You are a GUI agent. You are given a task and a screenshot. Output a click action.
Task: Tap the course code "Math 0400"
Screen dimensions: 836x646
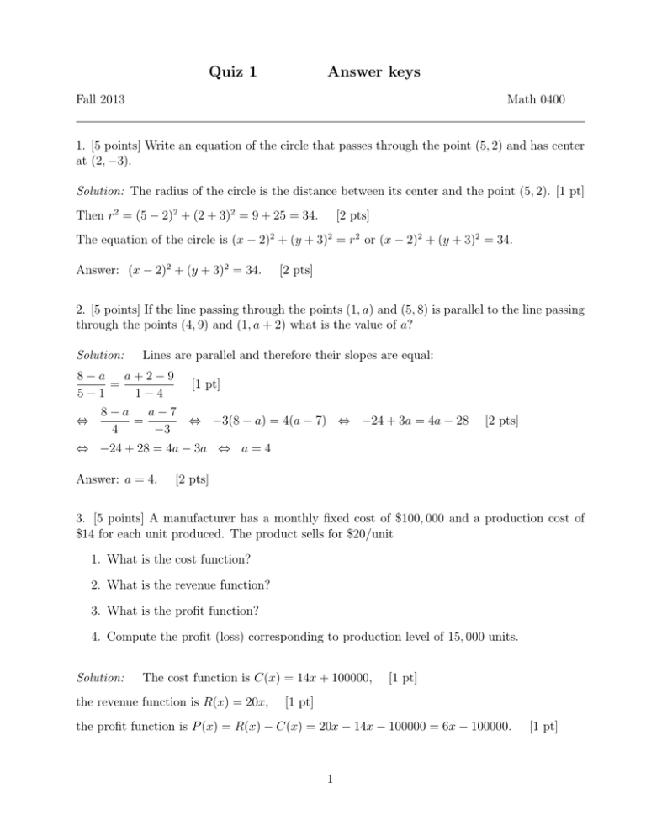pos(537,101)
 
